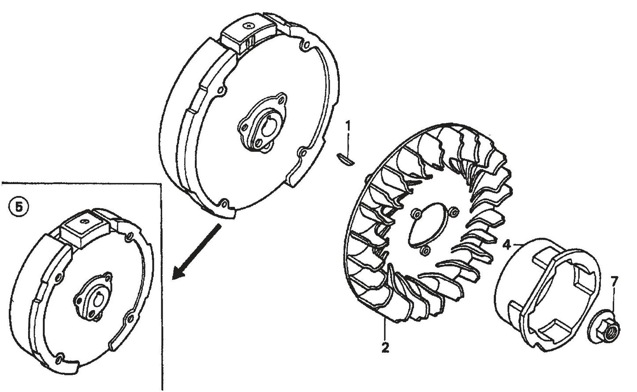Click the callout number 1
pos(348,126)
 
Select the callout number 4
pos(507,245)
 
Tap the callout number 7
pos(614,280)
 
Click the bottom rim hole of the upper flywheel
pos(225,203)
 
